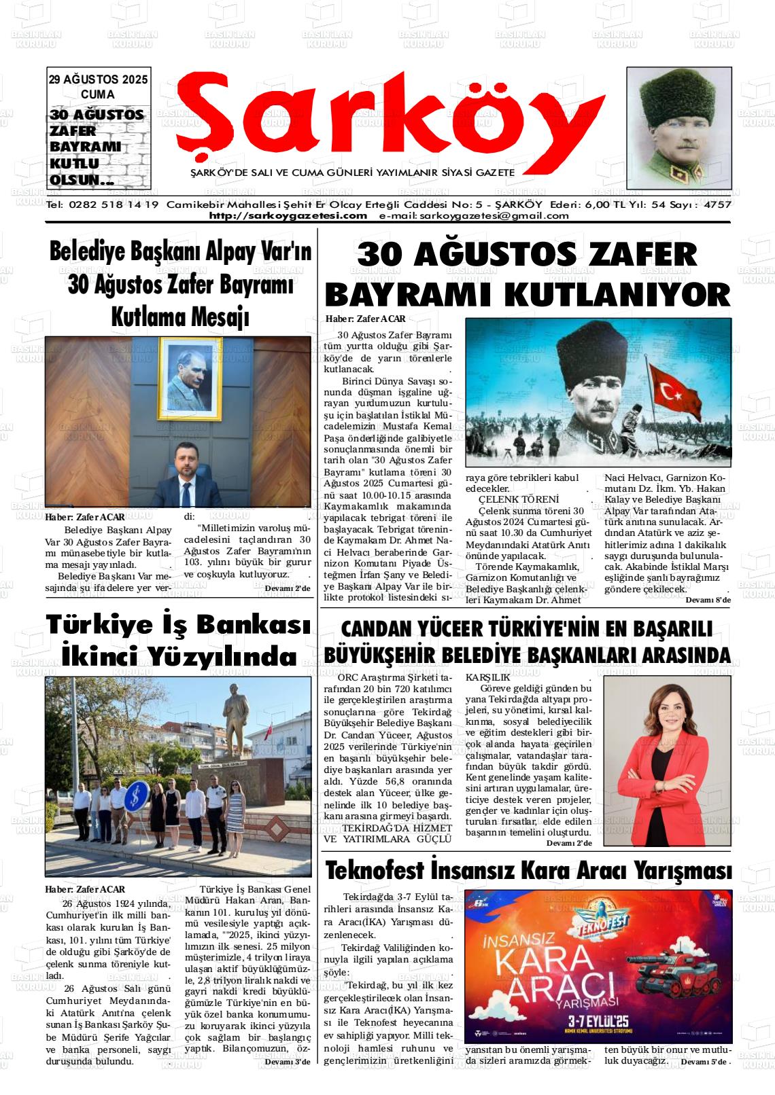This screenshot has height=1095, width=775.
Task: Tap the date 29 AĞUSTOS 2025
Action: (x=98, y=79)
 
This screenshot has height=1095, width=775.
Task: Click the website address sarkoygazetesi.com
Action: (x=288, y=216)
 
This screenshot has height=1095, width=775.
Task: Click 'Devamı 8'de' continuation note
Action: (x=708, y=600)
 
